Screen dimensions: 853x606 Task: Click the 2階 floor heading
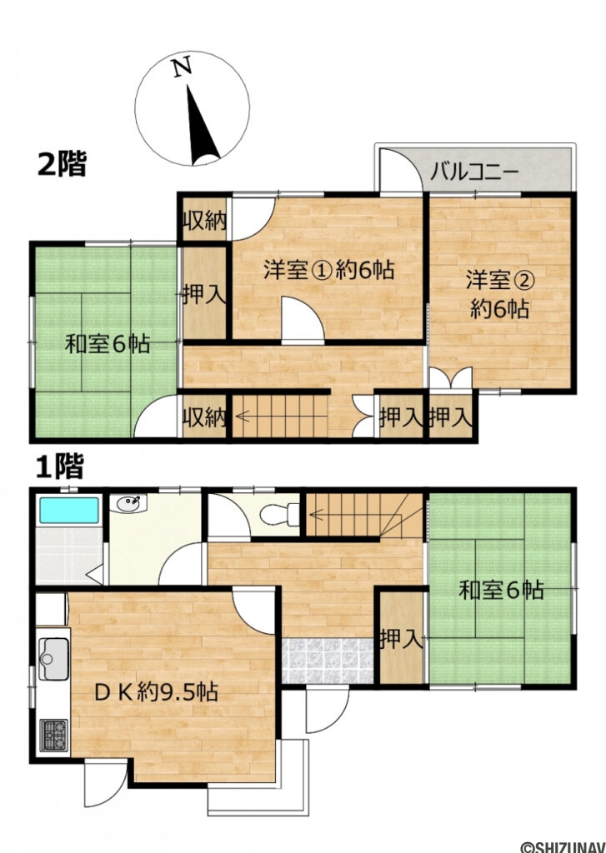[62, 163]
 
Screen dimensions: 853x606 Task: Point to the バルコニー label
[475, 174]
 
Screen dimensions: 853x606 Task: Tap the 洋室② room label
[499, 294]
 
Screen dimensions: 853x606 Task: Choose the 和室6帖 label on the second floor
[108, 342]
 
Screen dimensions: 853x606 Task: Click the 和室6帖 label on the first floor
[501, 591]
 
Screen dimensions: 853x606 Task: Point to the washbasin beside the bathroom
[130, 503]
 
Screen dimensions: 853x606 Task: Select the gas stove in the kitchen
[53, 734]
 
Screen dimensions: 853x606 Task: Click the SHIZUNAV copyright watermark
[562, 846]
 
